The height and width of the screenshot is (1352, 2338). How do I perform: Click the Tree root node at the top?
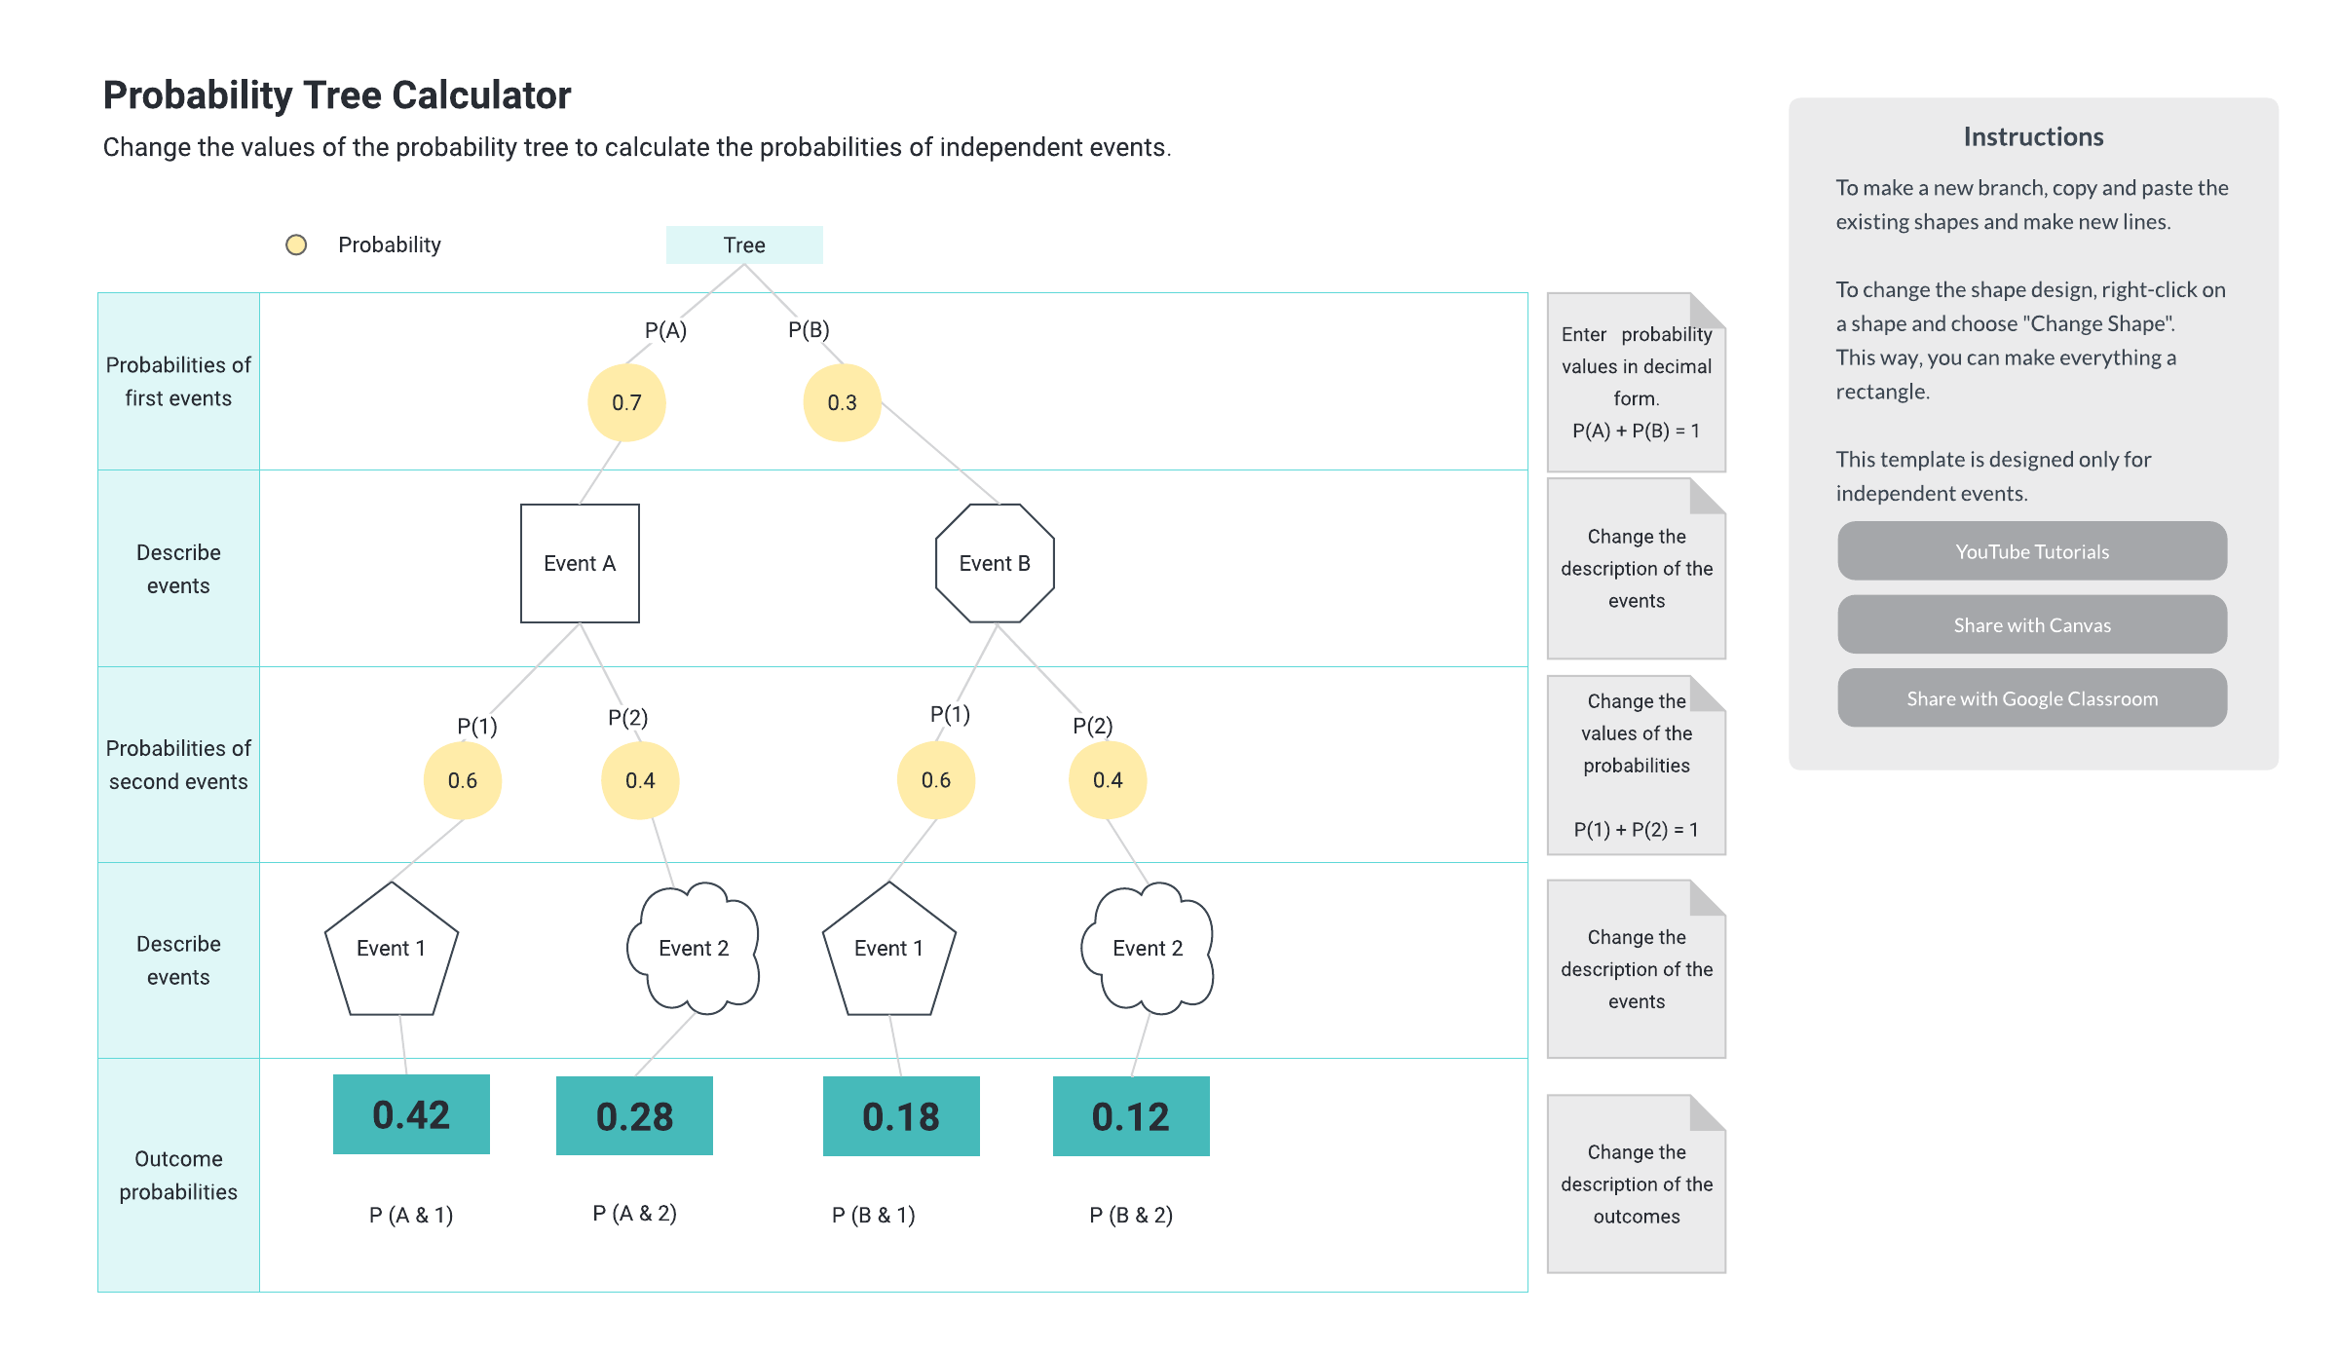(x=744, y=244)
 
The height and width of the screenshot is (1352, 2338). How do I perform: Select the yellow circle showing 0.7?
(x=626, y=402)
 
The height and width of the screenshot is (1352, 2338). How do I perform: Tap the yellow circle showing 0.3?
(x=842, y=402)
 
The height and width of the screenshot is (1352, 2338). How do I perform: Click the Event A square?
(x=580, y=563)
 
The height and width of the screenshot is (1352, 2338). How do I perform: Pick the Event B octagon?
(x=995, y=563)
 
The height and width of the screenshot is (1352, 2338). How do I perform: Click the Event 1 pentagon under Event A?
(x=392, y=949)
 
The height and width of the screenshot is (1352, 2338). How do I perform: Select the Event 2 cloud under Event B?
(x=1148, y=948)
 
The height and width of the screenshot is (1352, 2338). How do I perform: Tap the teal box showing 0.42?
(x=411, y=1114)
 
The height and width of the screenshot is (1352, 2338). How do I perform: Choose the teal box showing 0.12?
(x=1131, y=1116)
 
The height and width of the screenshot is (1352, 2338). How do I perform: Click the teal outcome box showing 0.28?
(x=634, y=1116)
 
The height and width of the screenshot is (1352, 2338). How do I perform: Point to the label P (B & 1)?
(x=873, y=1215)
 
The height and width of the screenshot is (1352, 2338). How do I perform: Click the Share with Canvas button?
(x=2032, y=624)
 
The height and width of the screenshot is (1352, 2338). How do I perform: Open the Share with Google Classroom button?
(x=2032, y=697)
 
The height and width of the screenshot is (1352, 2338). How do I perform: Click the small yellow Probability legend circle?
(x=296, y=244)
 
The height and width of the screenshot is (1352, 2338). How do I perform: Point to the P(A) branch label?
(x=665, y=330)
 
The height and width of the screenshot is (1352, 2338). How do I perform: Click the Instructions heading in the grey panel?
(x=2033, y=136)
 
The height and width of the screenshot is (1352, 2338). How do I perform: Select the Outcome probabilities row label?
(x=178, y=1175)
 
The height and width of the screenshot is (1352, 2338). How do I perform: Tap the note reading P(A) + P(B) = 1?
(x=1636, y=431)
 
